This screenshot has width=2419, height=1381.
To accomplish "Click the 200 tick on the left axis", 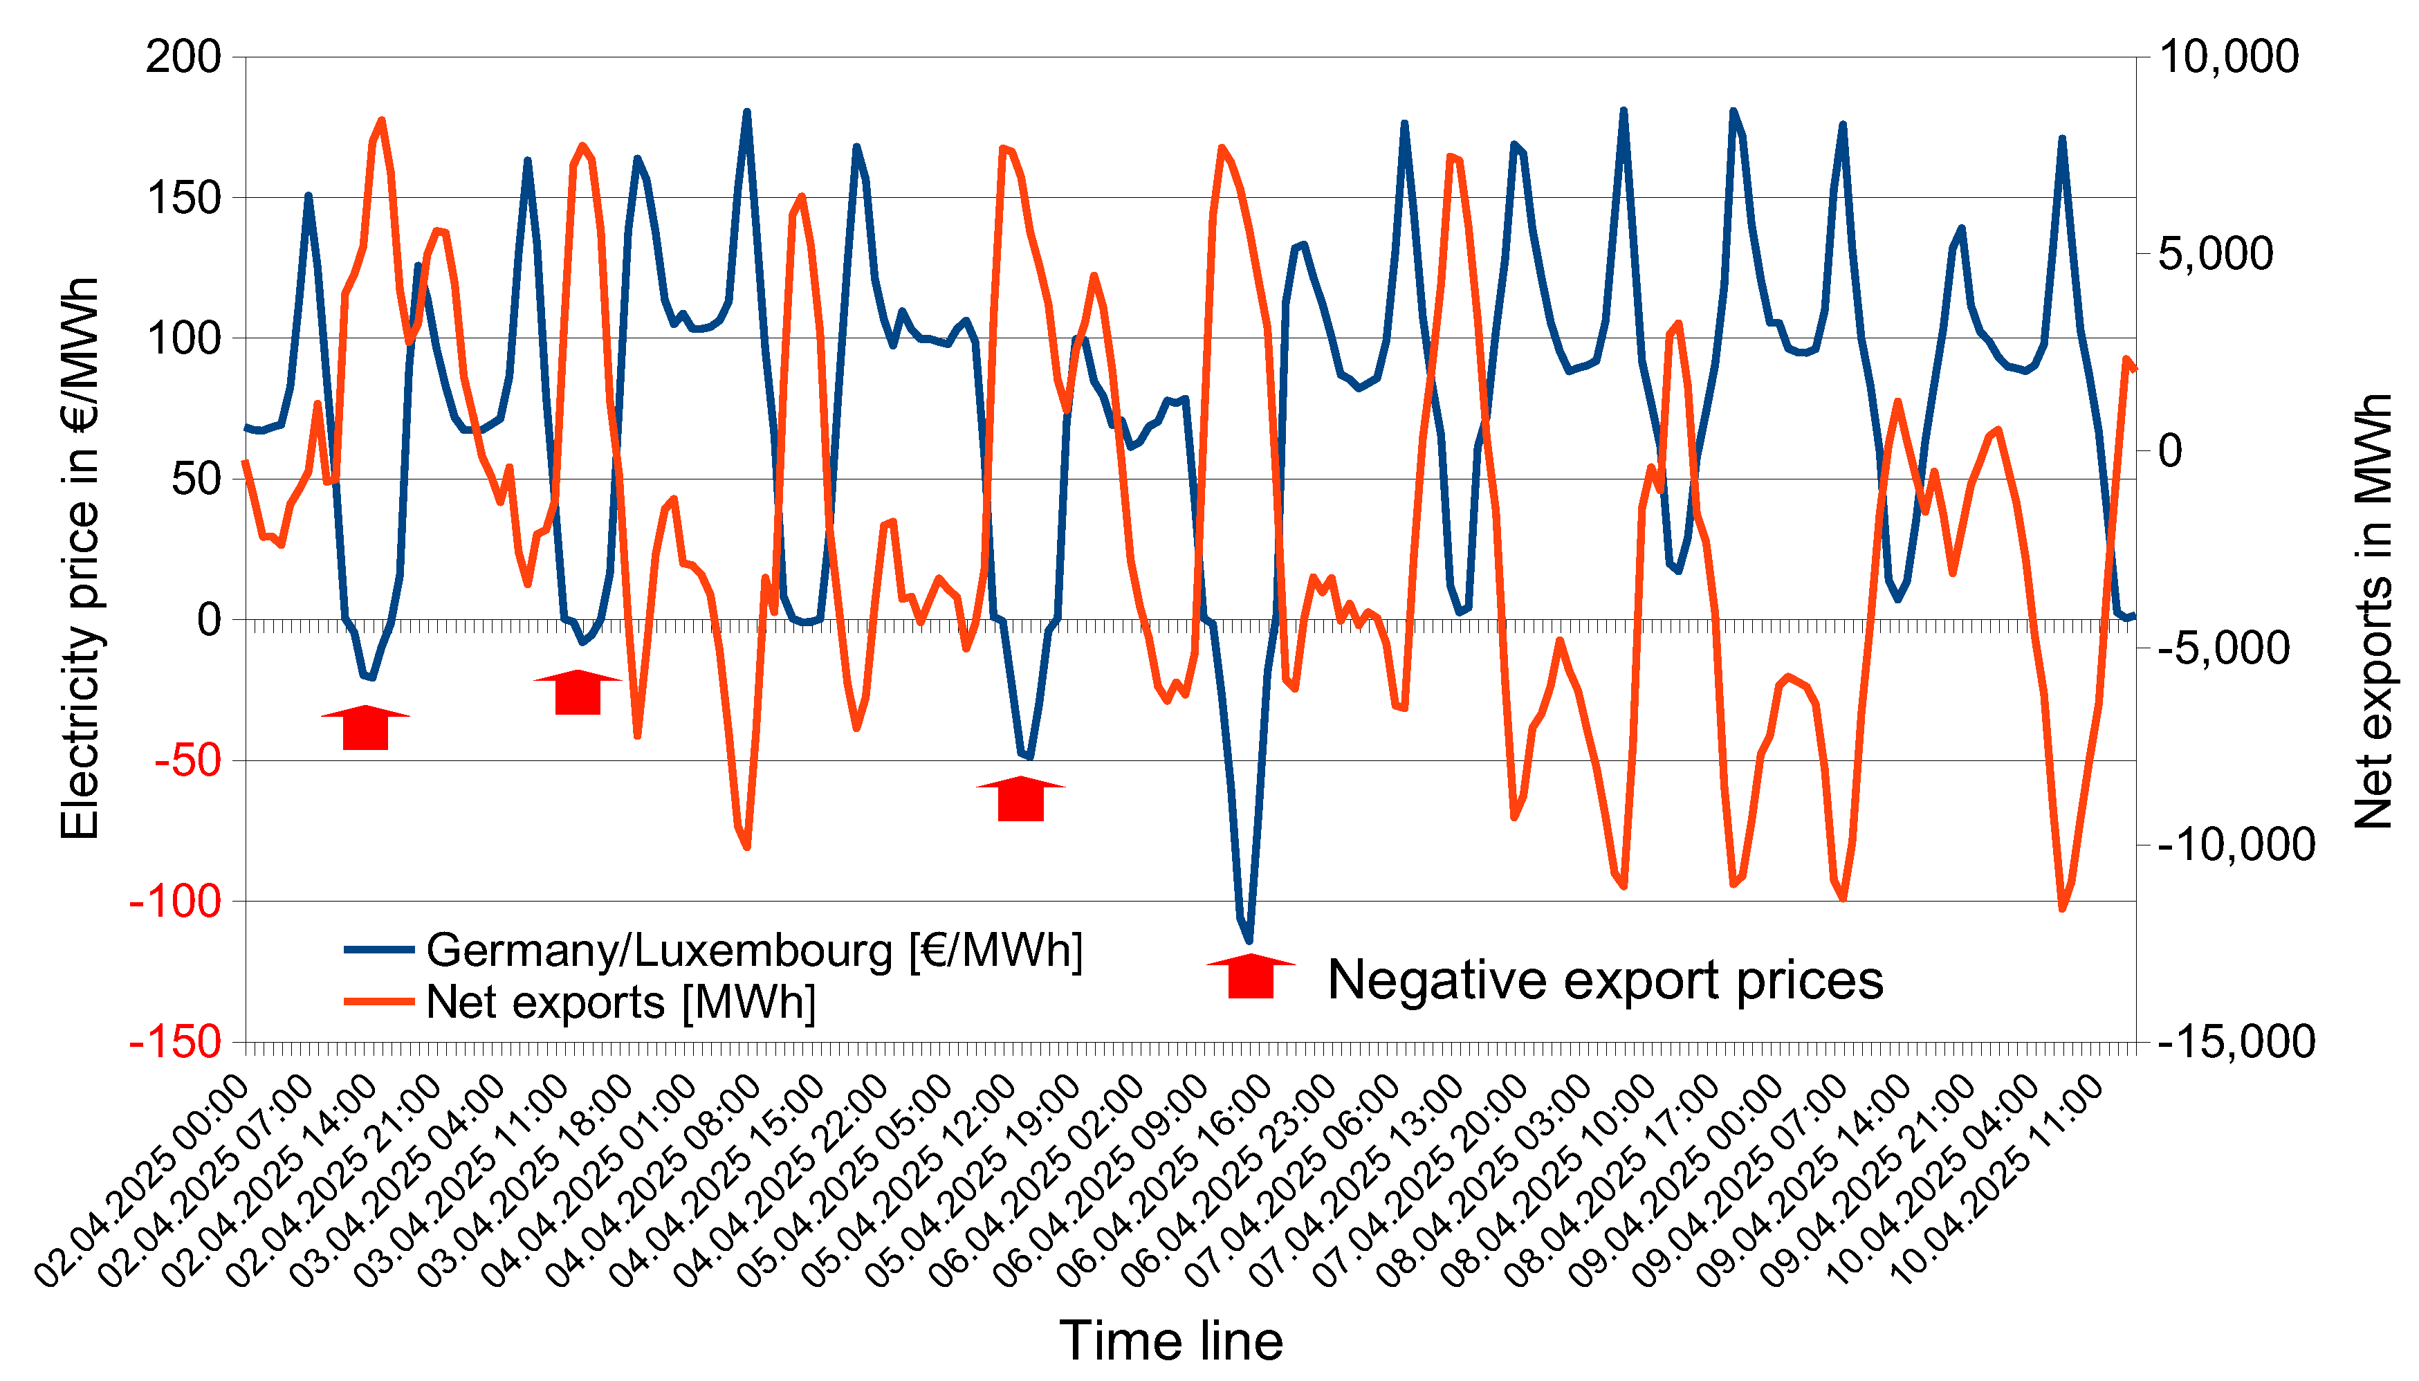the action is [183, 58].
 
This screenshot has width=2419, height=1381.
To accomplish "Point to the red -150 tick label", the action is [176, 1041].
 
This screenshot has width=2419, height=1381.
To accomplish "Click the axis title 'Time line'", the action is [1171, 1340].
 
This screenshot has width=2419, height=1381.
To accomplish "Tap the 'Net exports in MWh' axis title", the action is [2373, 612].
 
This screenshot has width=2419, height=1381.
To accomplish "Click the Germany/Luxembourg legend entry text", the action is [755, 951].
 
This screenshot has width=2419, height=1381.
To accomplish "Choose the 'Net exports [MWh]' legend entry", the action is [621, 1003].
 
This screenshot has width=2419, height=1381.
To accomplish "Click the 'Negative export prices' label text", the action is [1604, 979].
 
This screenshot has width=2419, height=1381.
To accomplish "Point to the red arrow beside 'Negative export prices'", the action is [1251, 977].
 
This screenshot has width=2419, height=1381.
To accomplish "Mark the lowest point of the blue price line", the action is [1250, 941].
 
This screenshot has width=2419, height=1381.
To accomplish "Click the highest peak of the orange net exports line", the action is [382, 120].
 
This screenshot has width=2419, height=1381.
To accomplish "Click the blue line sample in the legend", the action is [378, 949].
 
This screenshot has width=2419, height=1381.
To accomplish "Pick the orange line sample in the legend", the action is [378, 1002].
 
